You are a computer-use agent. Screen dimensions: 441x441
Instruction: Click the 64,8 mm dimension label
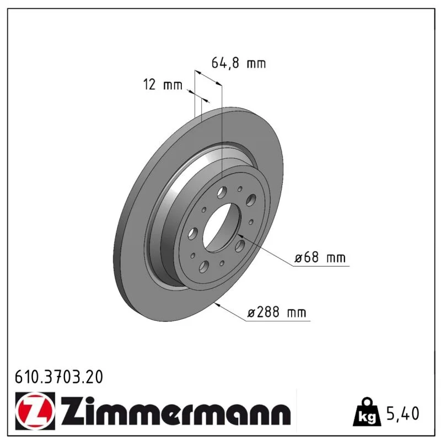238,63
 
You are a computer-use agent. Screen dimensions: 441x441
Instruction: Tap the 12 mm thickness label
163,84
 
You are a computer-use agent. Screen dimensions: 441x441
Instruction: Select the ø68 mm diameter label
320,257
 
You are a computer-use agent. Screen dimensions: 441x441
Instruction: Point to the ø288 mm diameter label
277,312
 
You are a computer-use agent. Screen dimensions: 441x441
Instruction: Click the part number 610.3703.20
59,377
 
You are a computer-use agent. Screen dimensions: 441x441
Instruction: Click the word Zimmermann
175,411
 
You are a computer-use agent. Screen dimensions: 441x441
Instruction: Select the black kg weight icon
367,412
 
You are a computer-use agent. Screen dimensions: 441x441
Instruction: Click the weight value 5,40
403,413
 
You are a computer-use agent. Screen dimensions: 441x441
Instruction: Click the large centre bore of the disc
222,228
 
